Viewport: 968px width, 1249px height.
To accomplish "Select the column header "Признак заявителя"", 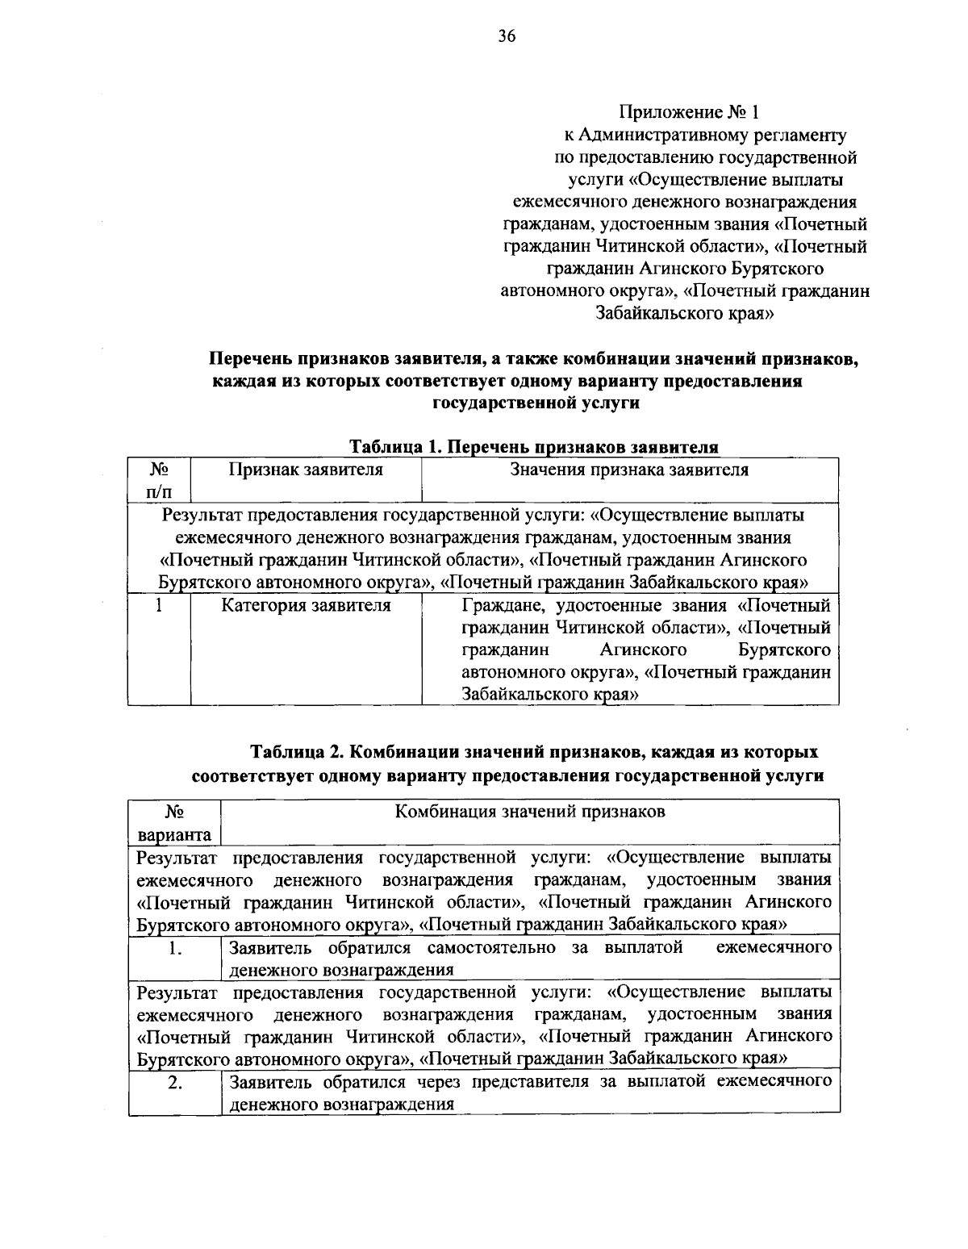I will tap(306, 470).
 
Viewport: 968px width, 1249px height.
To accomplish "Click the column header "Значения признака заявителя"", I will tap(629, 470).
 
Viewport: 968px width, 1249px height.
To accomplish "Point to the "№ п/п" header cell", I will tap(159, 480).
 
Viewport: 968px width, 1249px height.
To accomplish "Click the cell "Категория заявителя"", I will tap(306, 605).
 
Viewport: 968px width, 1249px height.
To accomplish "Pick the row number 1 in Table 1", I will tap(160, 605).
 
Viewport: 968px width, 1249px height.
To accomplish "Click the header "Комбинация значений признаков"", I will tap(529, 812).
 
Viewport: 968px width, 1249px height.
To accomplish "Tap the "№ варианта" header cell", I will tap(174, 823).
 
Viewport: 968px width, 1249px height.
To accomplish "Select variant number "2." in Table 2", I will tap(174, 1084).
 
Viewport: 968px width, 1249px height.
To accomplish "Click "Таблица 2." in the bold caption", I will tap(298, 753).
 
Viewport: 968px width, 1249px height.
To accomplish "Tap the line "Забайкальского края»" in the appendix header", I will tap(685, 315).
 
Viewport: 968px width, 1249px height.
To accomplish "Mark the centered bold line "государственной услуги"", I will tap(535, 404).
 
